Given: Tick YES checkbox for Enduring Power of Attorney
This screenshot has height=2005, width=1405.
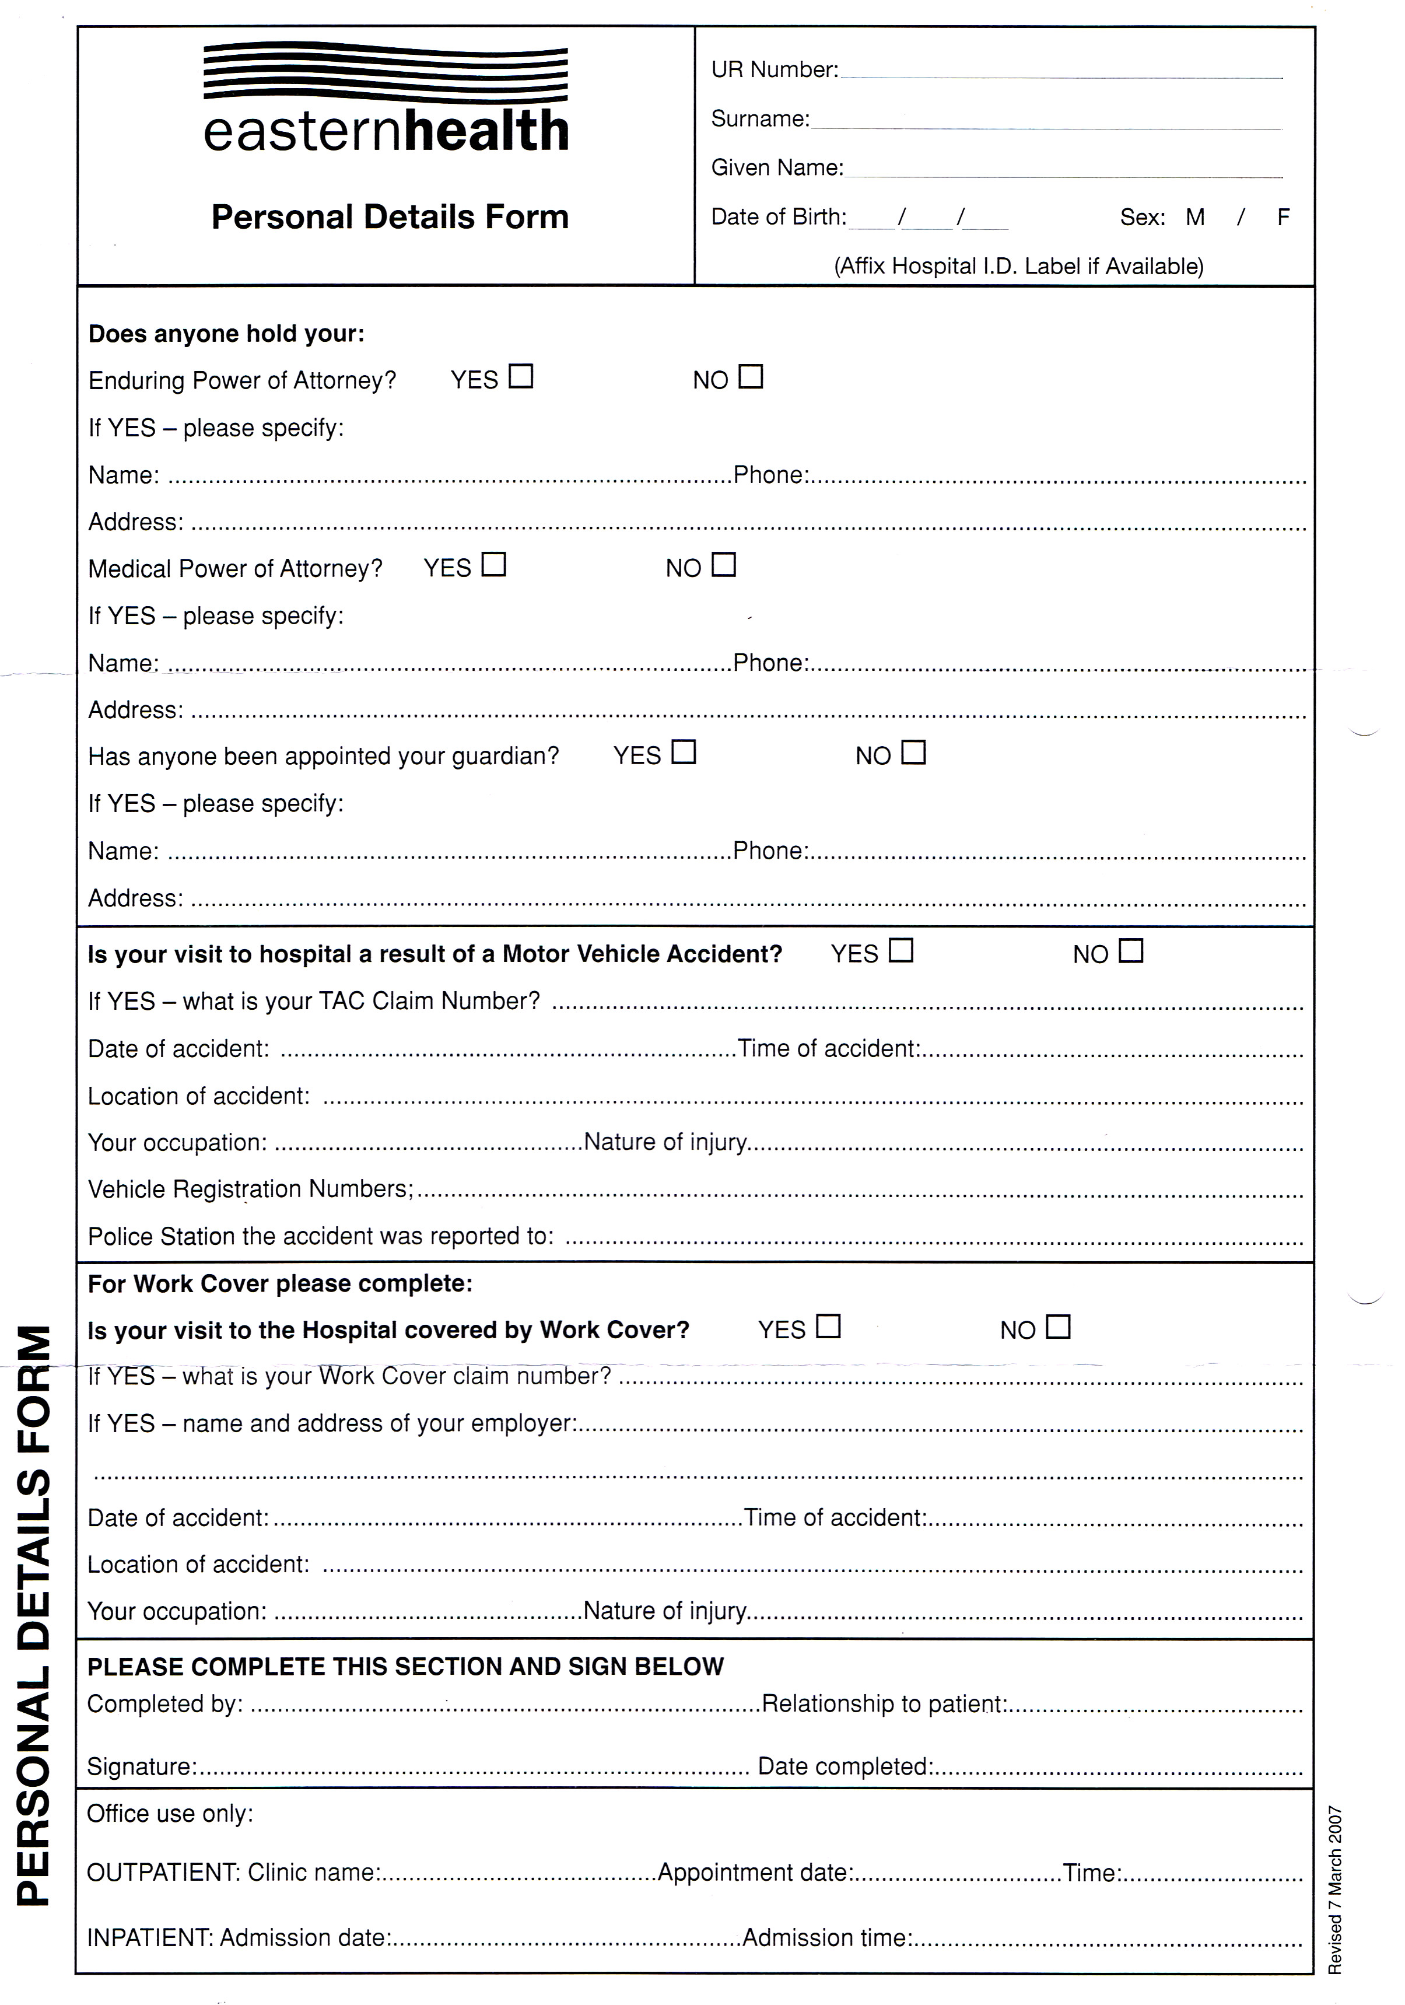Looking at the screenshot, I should pos(521,376).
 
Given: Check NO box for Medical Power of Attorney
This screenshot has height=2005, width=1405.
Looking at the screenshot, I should pos(724,565).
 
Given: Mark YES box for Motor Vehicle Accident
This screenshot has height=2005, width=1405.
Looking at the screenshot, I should pos(901,950).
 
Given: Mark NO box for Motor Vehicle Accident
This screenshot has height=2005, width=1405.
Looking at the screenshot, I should pos(1131,951).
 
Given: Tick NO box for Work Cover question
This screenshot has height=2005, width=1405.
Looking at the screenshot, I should pos(1059,1327).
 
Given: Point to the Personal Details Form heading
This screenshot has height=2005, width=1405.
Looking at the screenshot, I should pos(390,216).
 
